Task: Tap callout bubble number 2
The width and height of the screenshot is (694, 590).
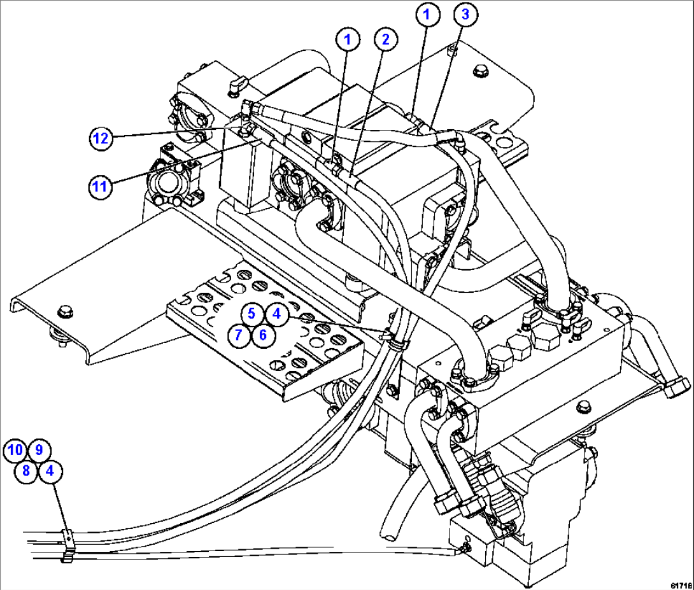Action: (x=385, y=40)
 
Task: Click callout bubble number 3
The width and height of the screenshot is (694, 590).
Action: (x=465, y=15)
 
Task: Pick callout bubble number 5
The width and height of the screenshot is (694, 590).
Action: (x=252, y=313)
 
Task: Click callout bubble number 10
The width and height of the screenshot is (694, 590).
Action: (x=15, y=451)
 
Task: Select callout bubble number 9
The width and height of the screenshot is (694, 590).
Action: (x=38, y=451)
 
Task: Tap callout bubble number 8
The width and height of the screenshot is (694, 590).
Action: (x=27, y=472)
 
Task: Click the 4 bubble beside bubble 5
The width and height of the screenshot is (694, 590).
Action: (x=275, y=313)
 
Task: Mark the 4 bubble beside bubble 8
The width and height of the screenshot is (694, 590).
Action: (x=50, y=472)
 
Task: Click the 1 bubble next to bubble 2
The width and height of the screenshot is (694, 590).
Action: (x=348, y=40)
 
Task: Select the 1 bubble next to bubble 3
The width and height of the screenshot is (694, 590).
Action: (x=428, y=15)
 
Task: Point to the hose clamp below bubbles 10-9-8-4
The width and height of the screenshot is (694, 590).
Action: (x=68, y=545)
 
